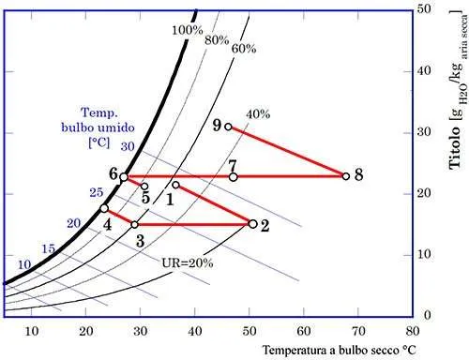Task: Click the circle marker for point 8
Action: pos(345,176)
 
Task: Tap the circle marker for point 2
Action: pos(252,223)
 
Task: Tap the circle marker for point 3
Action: pos(134,224)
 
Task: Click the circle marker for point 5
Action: pos(144,186)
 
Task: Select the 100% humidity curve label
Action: pos(188,30)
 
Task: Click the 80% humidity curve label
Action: pos(217,40)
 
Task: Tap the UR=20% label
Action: pos(189,263)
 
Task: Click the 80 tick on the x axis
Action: pos(412,330)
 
